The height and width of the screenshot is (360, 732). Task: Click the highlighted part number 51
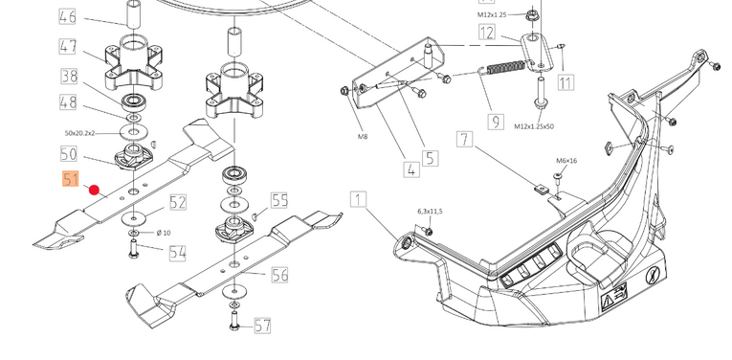[x=71, y=179]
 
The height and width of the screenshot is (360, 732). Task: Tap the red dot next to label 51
[x=95, y=190]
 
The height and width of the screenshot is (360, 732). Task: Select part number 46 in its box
[x=68, y=17]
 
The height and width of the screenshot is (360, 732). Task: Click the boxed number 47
[x=68, y=47]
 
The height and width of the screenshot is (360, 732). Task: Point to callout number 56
[x=279, y=275]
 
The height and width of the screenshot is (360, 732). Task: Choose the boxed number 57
[x=262, y=326]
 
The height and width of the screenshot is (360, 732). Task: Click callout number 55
[x=279, y=200]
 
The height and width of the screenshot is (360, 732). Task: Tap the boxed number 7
[x=464, y=139]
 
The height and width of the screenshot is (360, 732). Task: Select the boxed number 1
[x=359, y=200]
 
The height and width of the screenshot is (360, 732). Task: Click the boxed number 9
[x=496, y=122]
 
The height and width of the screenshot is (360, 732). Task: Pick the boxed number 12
[x=487, y=33]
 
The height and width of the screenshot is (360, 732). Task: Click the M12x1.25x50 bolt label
[x=534, y=126]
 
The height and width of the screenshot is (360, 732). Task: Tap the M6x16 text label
[x=566, y=161]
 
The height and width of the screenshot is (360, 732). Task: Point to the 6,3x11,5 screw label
[x=430, y=212]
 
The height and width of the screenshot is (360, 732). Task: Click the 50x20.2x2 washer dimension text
[x=79, y=133]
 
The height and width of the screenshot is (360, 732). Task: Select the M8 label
[x=363, y=137]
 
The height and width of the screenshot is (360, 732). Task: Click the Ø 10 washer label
[x=164, y=233]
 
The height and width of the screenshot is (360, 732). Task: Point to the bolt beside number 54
[x=133, y=248]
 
